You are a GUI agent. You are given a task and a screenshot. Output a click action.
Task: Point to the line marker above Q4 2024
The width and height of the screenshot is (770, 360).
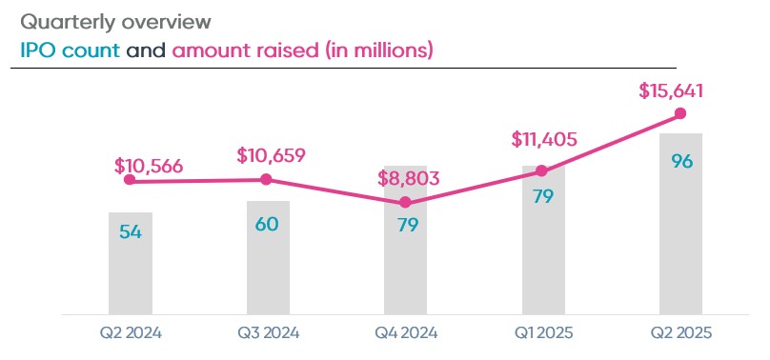click(x=406, y=202)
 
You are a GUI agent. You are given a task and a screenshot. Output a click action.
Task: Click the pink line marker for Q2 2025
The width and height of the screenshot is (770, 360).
click(x=680, y=113)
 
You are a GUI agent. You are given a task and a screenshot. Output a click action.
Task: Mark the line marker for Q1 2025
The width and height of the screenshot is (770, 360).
click(x=542, y=171)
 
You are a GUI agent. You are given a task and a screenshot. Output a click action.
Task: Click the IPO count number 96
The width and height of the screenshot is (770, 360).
click(x=681, y=161)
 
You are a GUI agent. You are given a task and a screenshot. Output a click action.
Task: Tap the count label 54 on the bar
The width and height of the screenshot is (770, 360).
click(x=131, y=231)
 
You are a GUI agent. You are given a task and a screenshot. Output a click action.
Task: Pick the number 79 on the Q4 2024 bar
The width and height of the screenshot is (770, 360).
click(x=406, y=228)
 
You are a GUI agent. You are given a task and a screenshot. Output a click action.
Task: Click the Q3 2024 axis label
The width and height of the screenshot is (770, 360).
click(x=268, y=332)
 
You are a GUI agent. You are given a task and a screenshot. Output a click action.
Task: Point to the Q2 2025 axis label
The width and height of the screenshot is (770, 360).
click(x=681, y=332)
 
